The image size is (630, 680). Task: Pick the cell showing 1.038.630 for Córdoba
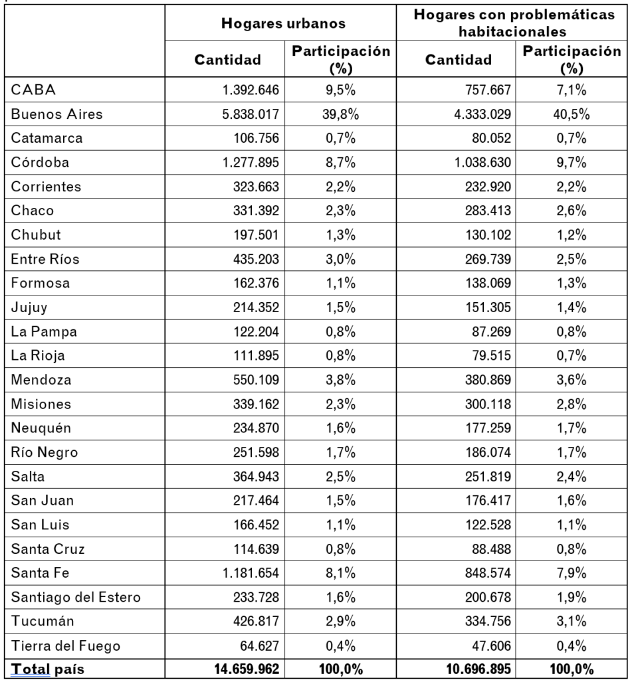coord(482,162)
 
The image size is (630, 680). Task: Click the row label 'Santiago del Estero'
coord(76,597)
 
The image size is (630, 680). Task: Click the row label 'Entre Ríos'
coord(45,259)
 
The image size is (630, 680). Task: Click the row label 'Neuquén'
coord(41,428)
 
